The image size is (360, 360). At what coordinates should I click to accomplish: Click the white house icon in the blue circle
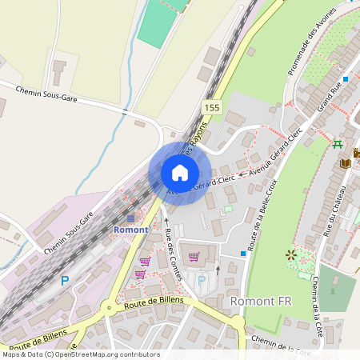tap(180, 173)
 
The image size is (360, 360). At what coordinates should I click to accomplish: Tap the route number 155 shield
tap(211, 107)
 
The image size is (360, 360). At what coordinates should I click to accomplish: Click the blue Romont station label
tap(130, 230)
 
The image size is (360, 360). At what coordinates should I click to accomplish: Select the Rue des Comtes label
tap(168, 248)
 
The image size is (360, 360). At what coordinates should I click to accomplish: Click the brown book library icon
tap(345, 163)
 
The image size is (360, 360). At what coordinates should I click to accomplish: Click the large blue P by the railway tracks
tap(65, 281)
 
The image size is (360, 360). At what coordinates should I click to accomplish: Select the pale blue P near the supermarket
tap(202, 280)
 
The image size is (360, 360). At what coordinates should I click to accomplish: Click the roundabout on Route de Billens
tap(107, 305)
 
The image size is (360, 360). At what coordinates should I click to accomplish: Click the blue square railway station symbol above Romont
tap(130, 218)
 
